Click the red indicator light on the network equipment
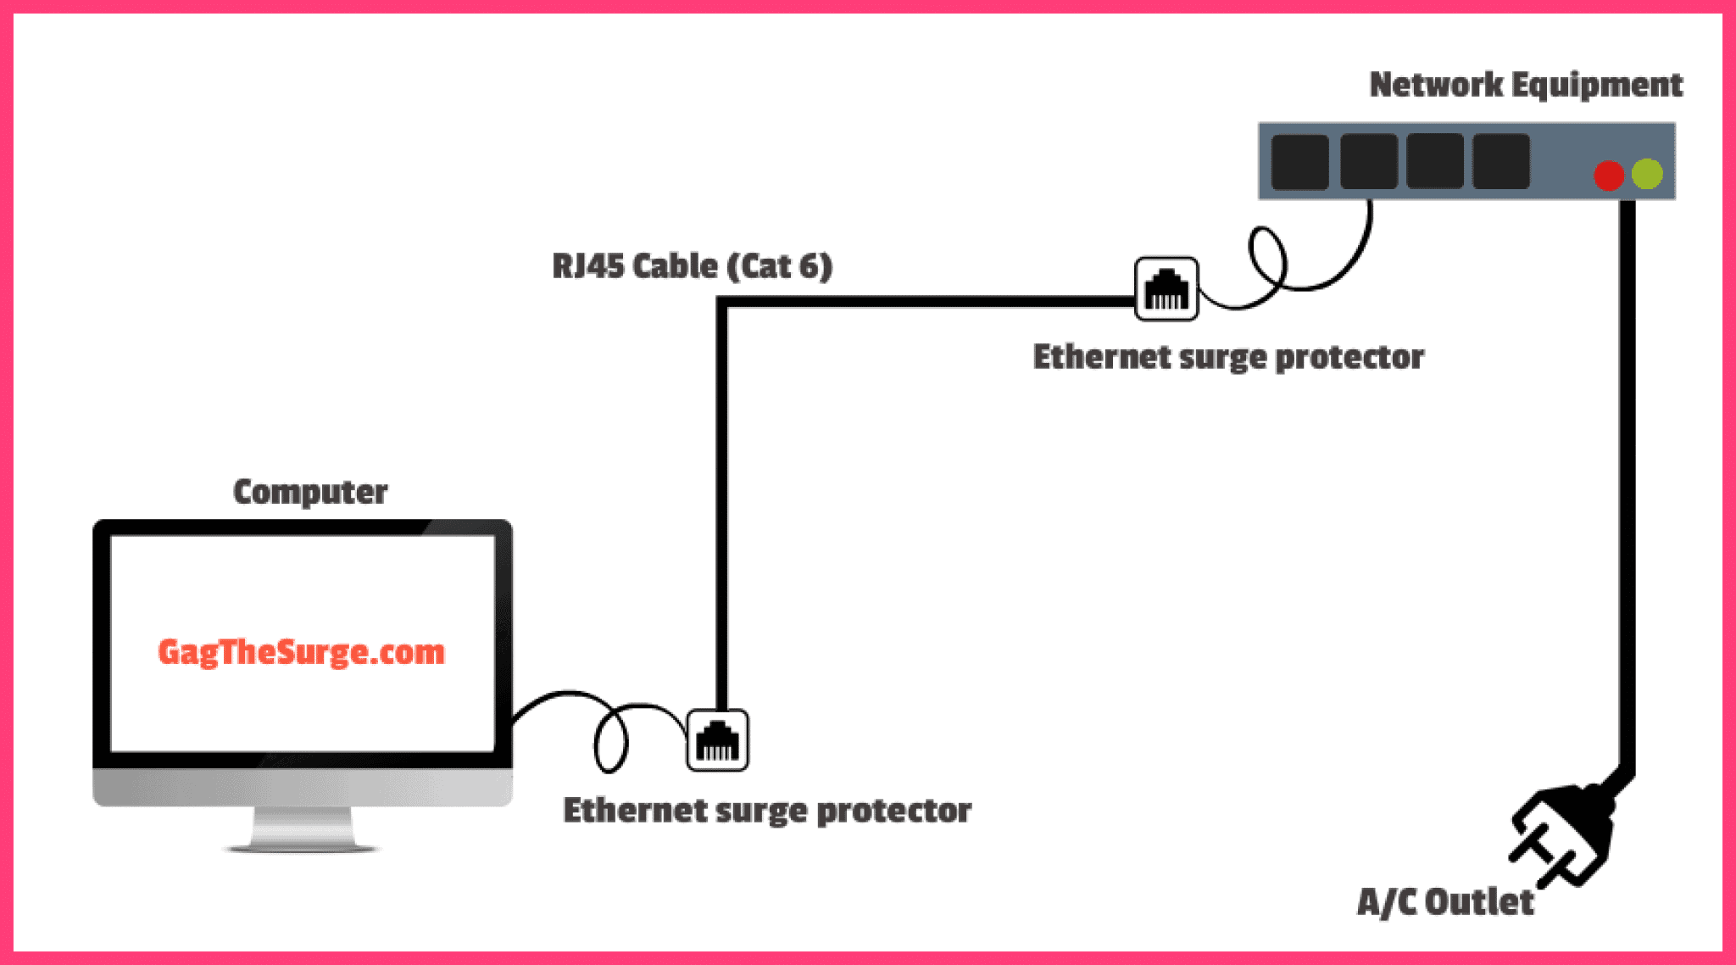click(x=1608, y=176)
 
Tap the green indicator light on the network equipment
click(x=1647, y=174)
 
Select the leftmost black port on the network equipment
click(x=1299, y=161)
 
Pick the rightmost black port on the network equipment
click(x=1501, y=161)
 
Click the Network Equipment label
click(x=1526, y=85)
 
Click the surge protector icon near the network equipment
click(x=1166, y=289)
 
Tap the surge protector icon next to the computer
click(x=717, y=740)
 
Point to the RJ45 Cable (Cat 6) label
click(x=692, y=266)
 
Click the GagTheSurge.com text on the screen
click(x=301, y=652)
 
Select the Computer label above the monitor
click(x=310, y=492)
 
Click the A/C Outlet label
click(x=1445, y=901)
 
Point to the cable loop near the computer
click(x=610, y=741)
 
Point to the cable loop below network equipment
click(x=1267, y=255)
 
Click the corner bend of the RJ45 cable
click(x=722, y=303)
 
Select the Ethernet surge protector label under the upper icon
click(x=1228, y=357)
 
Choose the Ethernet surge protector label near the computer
click(x=767, y=811)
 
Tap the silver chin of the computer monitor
click(x=302, y=786)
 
